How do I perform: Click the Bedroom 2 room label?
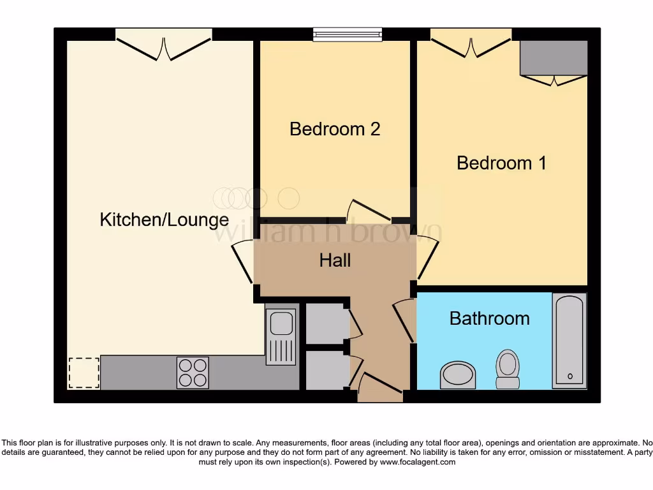pyautogui.click(x=335, y=129)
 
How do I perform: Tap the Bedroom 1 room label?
pyautogui.click(x=501, y=163)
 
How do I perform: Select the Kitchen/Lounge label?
pyautogui.click(x=164, y=220)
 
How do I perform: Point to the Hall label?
pyautogui.click(x=335, y=260)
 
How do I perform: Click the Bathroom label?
pyautogui.click(x=489, y=318)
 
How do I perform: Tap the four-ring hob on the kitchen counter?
pyautogui.click(x=193, y=372)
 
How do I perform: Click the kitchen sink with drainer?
pyautogui.click(x=281, y=336)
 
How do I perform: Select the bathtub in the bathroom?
pyautogui.click(x=569, y=341)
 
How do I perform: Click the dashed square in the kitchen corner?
pyautogui.click(x=84, y=373)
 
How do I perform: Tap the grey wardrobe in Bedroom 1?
pyautogui.click(x=554, y=59)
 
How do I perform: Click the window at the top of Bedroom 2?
pyautogui.click(x=348, y=35)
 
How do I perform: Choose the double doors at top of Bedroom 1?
pyautogui.click(x=471, y=43)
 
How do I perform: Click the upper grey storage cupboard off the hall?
pyautogui.click(x=326, y=323)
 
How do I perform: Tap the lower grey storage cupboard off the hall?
pyautogui.click(x=326, y=371)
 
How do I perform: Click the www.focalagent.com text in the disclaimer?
pyautogui.click(x=417, y=462)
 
